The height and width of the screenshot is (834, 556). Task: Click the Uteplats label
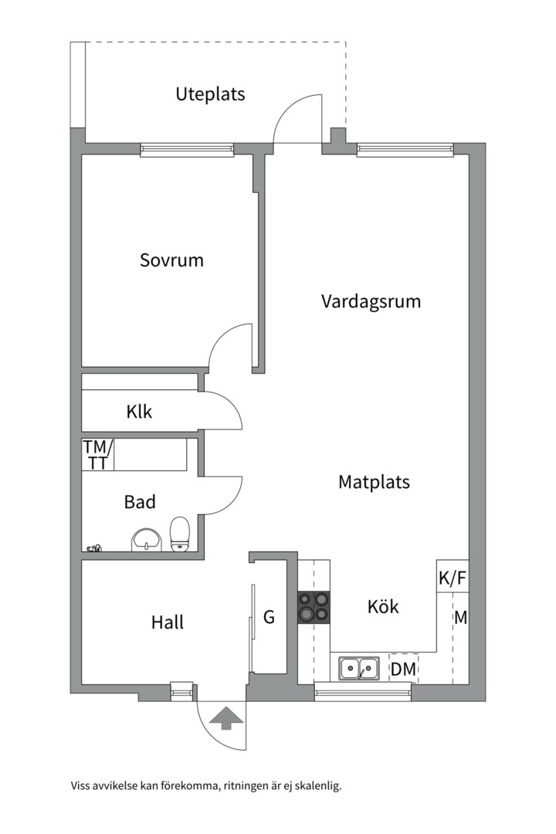[x=210, y=94]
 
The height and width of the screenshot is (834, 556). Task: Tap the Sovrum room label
[x=171, y=260]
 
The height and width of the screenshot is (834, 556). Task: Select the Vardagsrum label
[x=371, y=301]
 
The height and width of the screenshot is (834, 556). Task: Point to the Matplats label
[x=374, y=482]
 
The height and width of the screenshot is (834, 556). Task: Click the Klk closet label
[x=139, y=412]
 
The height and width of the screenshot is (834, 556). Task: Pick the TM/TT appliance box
[x=98, y=455]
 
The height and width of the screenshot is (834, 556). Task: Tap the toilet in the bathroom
[x=180, y=534]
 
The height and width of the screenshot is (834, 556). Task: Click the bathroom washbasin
[x=145, y=539]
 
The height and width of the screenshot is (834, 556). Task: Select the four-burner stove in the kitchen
[x=314, y=607]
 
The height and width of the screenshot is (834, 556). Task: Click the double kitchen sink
[x=359, y=668]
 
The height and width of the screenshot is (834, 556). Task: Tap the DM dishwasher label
[x=403, y=670]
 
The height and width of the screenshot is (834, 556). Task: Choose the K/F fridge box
[x=452, y=577]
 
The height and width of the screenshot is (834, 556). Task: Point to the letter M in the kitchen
[x=460, y=618]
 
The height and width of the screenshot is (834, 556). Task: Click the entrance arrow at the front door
[x=225, y=718]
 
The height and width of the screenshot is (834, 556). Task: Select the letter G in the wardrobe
[x=269, y=617]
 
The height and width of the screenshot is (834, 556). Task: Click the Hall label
[x=168, y=622]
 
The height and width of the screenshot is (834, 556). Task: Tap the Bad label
[x=140, y=502]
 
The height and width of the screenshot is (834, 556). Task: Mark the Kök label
[x=383, y=607]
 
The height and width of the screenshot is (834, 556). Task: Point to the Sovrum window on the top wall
[x=187, y=149]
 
